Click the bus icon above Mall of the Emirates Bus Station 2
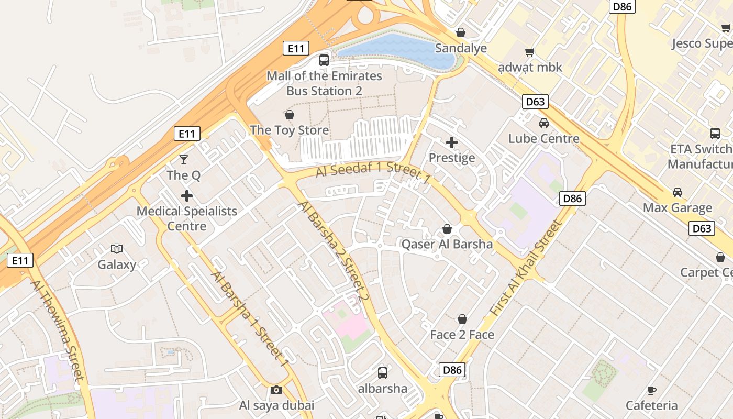click(x=324, y=60)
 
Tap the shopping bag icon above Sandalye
click(x=461, y=32)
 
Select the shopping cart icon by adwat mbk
click(x=530, y=52)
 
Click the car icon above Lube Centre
click(x=544, y=123)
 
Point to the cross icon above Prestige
click(x=452, y=142)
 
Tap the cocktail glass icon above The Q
click(x=184, y=159)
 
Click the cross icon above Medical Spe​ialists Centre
click(x=187, y=196)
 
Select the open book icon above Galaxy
click(x=117, y=249)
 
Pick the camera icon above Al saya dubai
click(x=276, y=390)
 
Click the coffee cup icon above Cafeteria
click(x=652, y=390)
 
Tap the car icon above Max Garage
click(x=678, y=192)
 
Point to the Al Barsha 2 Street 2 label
click(x=334, y=251)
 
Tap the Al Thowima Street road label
click(x=57, y=330)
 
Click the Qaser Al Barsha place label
click(x=447, y=244)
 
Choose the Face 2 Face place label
click(x=462, y=334)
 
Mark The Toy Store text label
click(x=289, y=130)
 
